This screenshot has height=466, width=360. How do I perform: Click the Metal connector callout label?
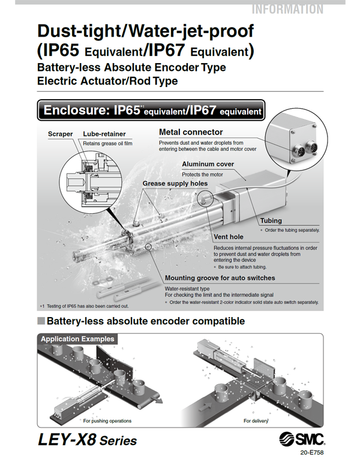tap(190, 132)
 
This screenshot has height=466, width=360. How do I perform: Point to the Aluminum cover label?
tap(208, 164)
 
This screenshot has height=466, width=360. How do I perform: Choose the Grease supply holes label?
tap(175, 183)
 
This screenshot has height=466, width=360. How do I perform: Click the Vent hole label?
tap(229, 237)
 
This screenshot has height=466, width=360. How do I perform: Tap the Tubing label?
tap(271, 220)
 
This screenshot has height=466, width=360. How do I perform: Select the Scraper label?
tap(60, 134)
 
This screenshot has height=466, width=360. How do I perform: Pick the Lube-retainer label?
tap(104, 134)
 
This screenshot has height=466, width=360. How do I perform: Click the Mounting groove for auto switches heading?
tap(220, 278)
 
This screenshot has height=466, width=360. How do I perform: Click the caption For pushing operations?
tap(107, 421)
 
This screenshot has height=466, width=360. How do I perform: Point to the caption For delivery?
tap(255, 421)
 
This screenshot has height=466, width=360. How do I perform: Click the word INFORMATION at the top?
tap(287, 9)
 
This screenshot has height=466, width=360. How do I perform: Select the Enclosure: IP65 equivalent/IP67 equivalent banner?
tap(150, 110)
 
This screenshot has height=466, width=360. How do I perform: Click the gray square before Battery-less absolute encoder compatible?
tap(41, 321)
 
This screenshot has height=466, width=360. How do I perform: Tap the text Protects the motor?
tap(202, 175)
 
